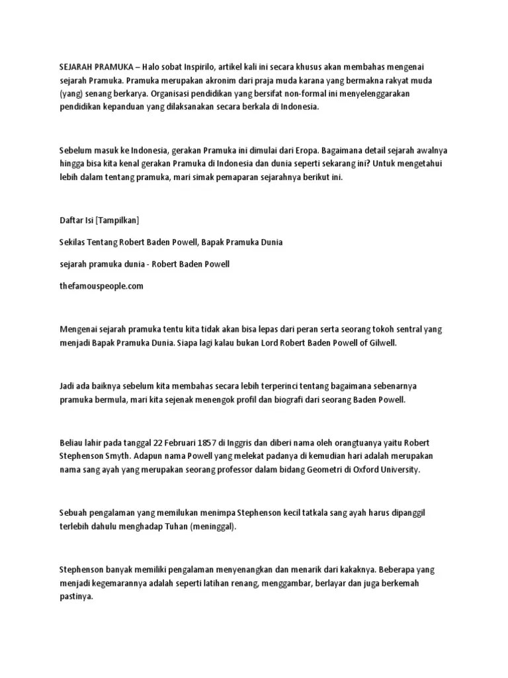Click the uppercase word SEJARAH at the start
pos(76,66)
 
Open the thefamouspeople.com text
pos(101,287)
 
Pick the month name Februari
pos(199,442)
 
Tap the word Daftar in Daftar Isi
pos(71,220)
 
